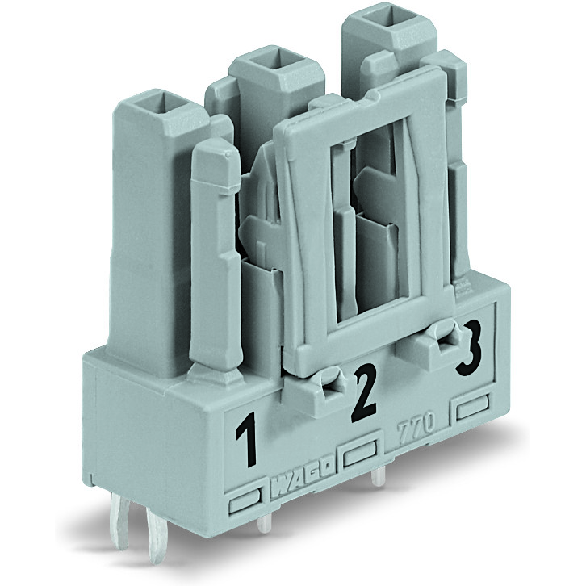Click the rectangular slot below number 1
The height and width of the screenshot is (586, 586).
pos(246,507)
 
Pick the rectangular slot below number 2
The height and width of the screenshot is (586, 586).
pos(362,455)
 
